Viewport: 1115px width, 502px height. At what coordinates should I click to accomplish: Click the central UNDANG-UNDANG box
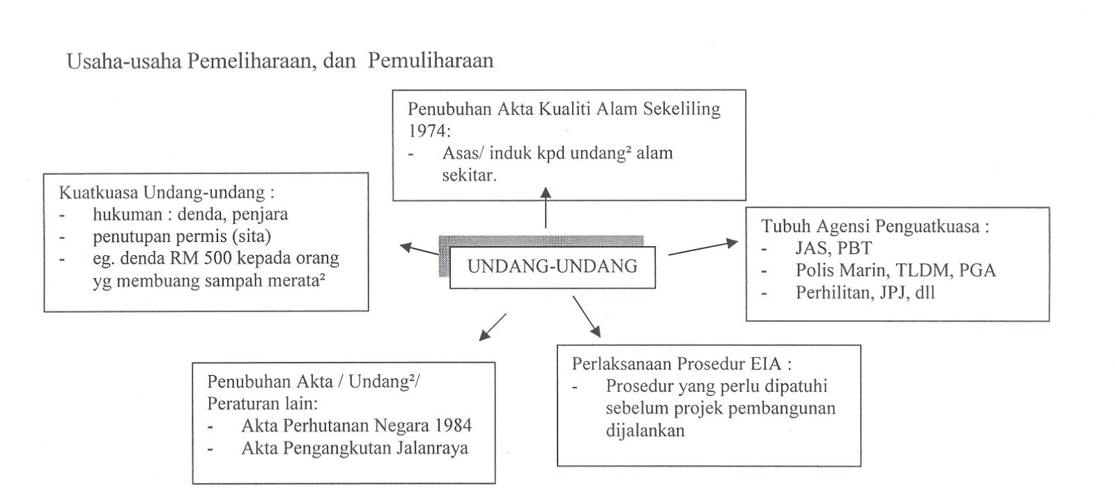[x=552, y=266]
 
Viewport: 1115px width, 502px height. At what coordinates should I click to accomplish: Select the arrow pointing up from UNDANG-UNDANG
[x=546, y=207]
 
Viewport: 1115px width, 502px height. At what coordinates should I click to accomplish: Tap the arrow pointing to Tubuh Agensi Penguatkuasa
[x=702, y=248]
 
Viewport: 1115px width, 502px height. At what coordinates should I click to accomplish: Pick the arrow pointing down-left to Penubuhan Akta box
[x=492, y=327]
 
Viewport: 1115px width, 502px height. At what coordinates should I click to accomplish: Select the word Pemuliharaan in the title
[x=431, y=61]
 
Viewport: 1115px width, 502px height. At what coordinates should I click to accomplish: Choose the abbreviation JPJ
[x=891, y=292]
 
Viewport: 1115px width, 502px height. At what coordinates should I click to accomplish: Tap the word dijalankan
[x=645, y=430]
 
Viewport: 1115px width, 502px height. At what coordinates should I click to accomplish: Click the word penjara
[x=261, y=214]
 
